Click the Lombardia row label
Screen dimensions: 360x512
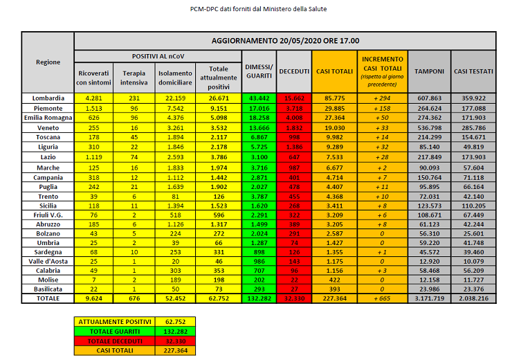click(48, 98)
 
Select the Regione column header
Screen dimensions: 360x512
click(48, 62)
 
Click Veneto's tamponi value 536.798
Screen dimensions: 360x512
click(429, 127)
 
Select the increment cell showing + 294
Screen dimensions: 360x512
click(382, 98)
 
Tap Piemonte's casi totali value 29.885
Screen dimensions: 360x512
click(334, 108)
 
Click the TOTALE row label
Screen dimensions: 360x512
click(48, 298)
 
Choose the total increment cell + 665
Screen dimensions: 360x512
click(382, 298)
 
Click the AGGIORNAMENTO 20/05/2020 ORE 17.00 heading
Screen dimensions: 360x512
click(284, 41)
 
